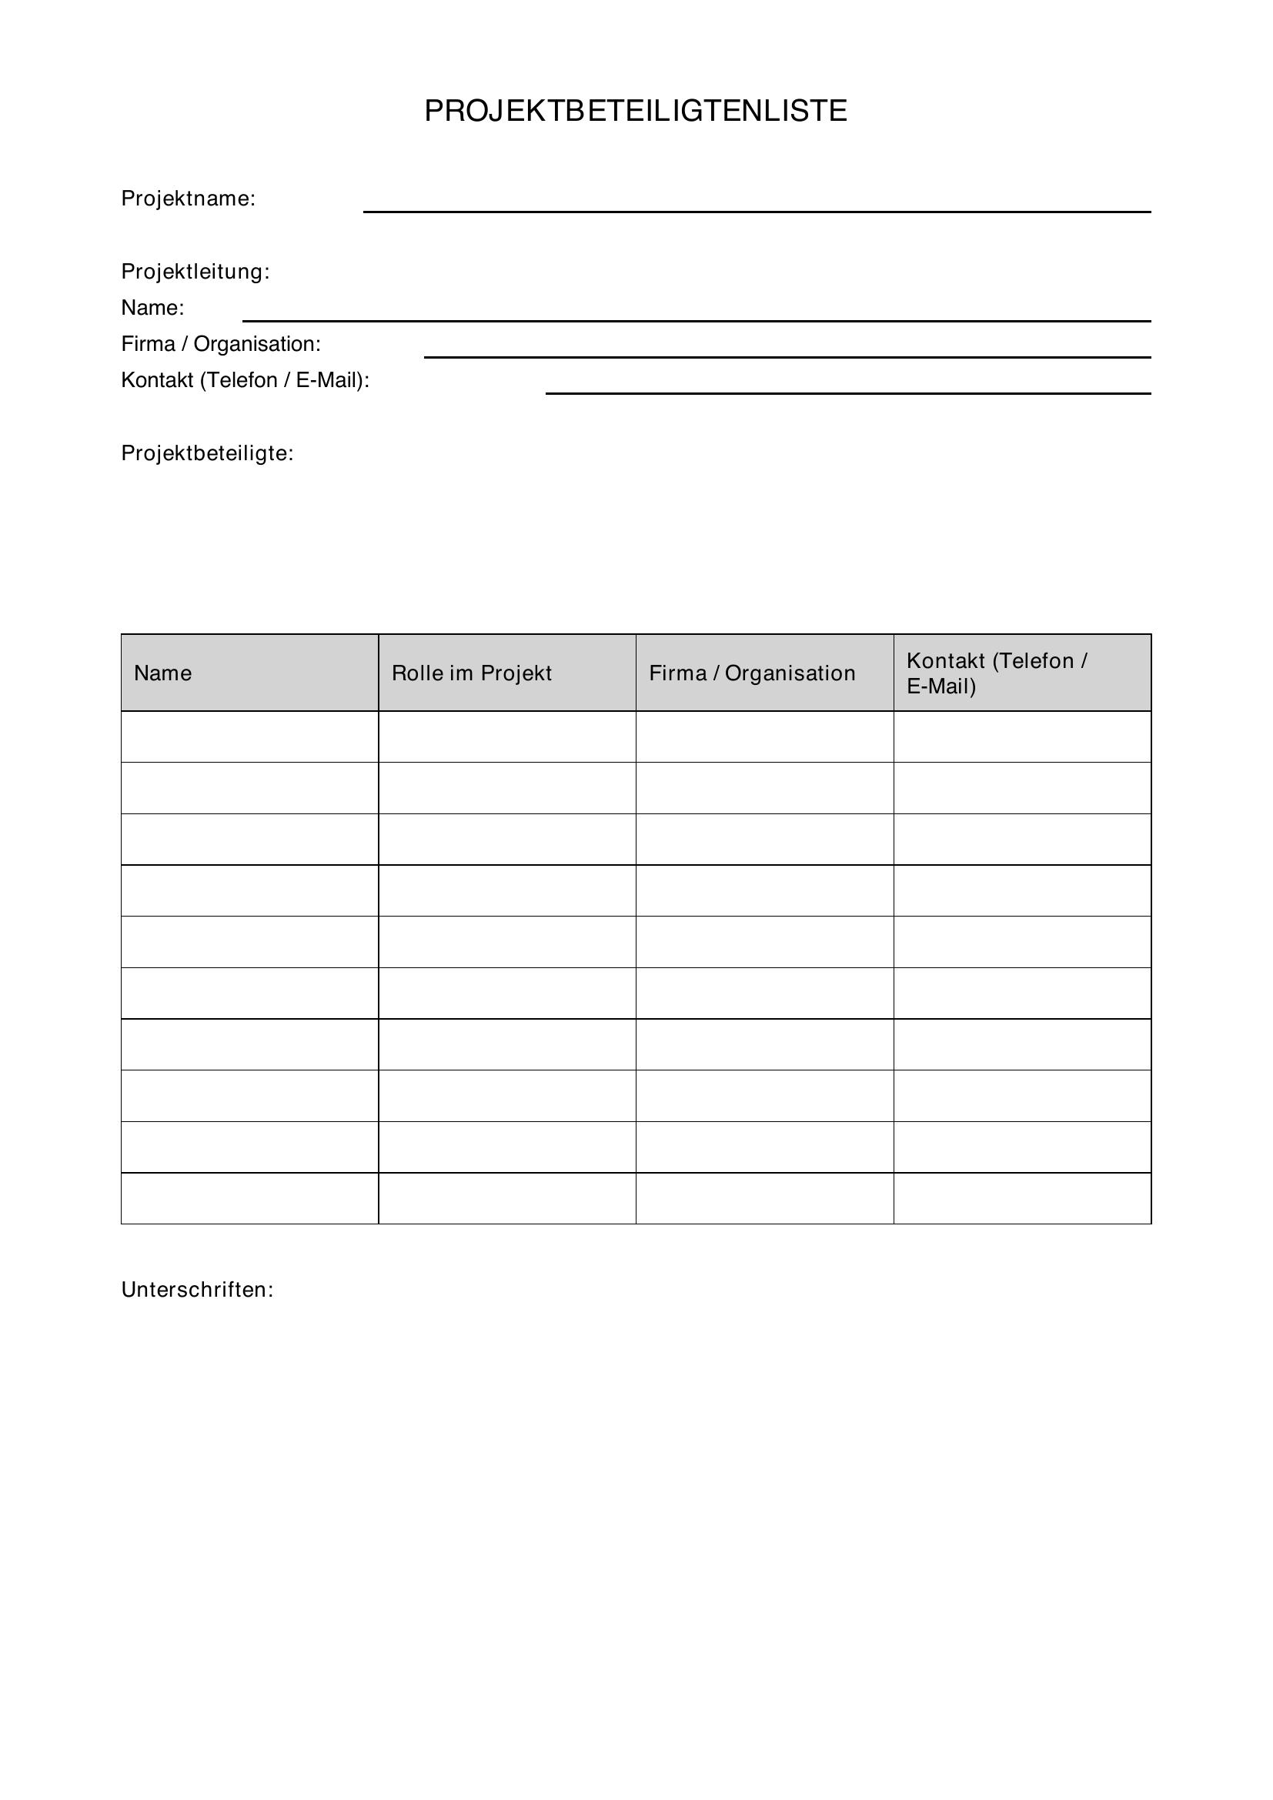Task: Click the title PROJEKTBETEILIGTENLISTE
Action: click(636, 112)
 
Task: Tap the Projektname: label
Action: click(188, 199)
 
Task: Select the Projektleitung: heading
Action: click(195, 272)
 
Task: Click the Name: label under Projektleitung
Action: click(152, 308)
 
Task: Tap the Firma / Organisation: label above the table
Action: click(221, 344)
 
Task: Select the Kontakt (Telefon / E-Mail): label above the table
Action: click(245, 380)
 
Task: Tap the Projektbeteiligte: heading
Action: click(207, 454)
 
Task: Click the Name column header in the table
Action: click(163, 673)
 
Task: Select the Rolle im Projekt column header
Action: click(472, 673)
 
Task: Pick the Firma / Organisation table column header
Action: click(752, 673)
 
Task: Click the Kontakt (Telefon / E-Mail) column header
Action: click(996, 673)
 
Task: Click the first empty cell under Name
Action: click(249, 737)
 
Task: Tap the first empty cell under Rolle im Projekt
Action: click(507, 737)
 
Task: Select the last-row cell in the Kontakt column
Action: click(1022, 1199)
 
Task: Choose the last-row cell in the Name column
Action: click(249, 1199)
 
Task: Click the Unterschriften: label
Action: click(198, 1291)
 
